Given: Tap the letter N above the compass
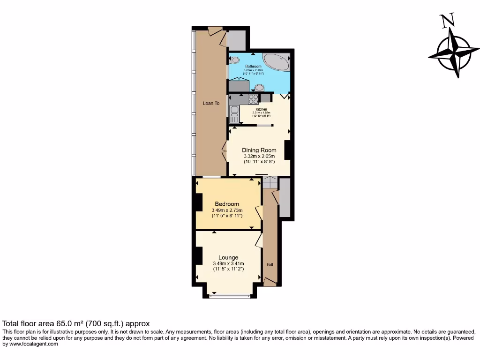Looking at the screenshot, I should coord(447,21).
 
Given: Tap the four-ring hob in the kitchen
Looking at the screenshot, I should coord(253,98).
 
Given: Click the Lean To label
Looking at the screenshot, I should coord(211,103).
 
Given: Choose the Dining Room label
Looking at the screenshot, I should coord(259,150).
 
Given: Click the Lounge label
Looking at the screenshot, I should coord(228,257).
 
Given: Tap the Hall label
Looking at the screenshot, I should coord(270,264).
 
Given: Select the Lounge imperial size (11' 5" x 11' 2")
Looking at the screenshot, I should coord(228,270).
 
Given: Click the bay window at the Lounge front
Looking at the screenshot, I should coord(230,296).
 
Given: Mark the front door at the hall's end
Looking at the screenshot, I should coord(270,281).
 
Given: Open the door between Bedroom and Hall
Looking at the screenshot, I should coord(258,212).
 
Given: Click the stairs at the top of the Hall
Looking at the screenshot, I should coord(270,182).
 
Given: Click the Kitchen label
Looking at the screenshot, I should coord(261,109).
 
